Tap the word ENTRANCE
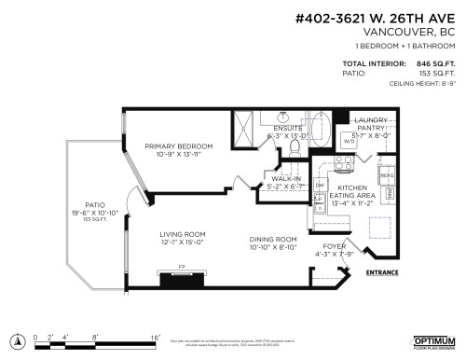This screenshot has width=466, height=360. [384, 272]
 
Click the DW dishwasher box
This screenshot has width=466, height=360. [320, 186]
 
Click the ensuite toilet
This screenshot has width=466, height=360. [284, 118]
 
